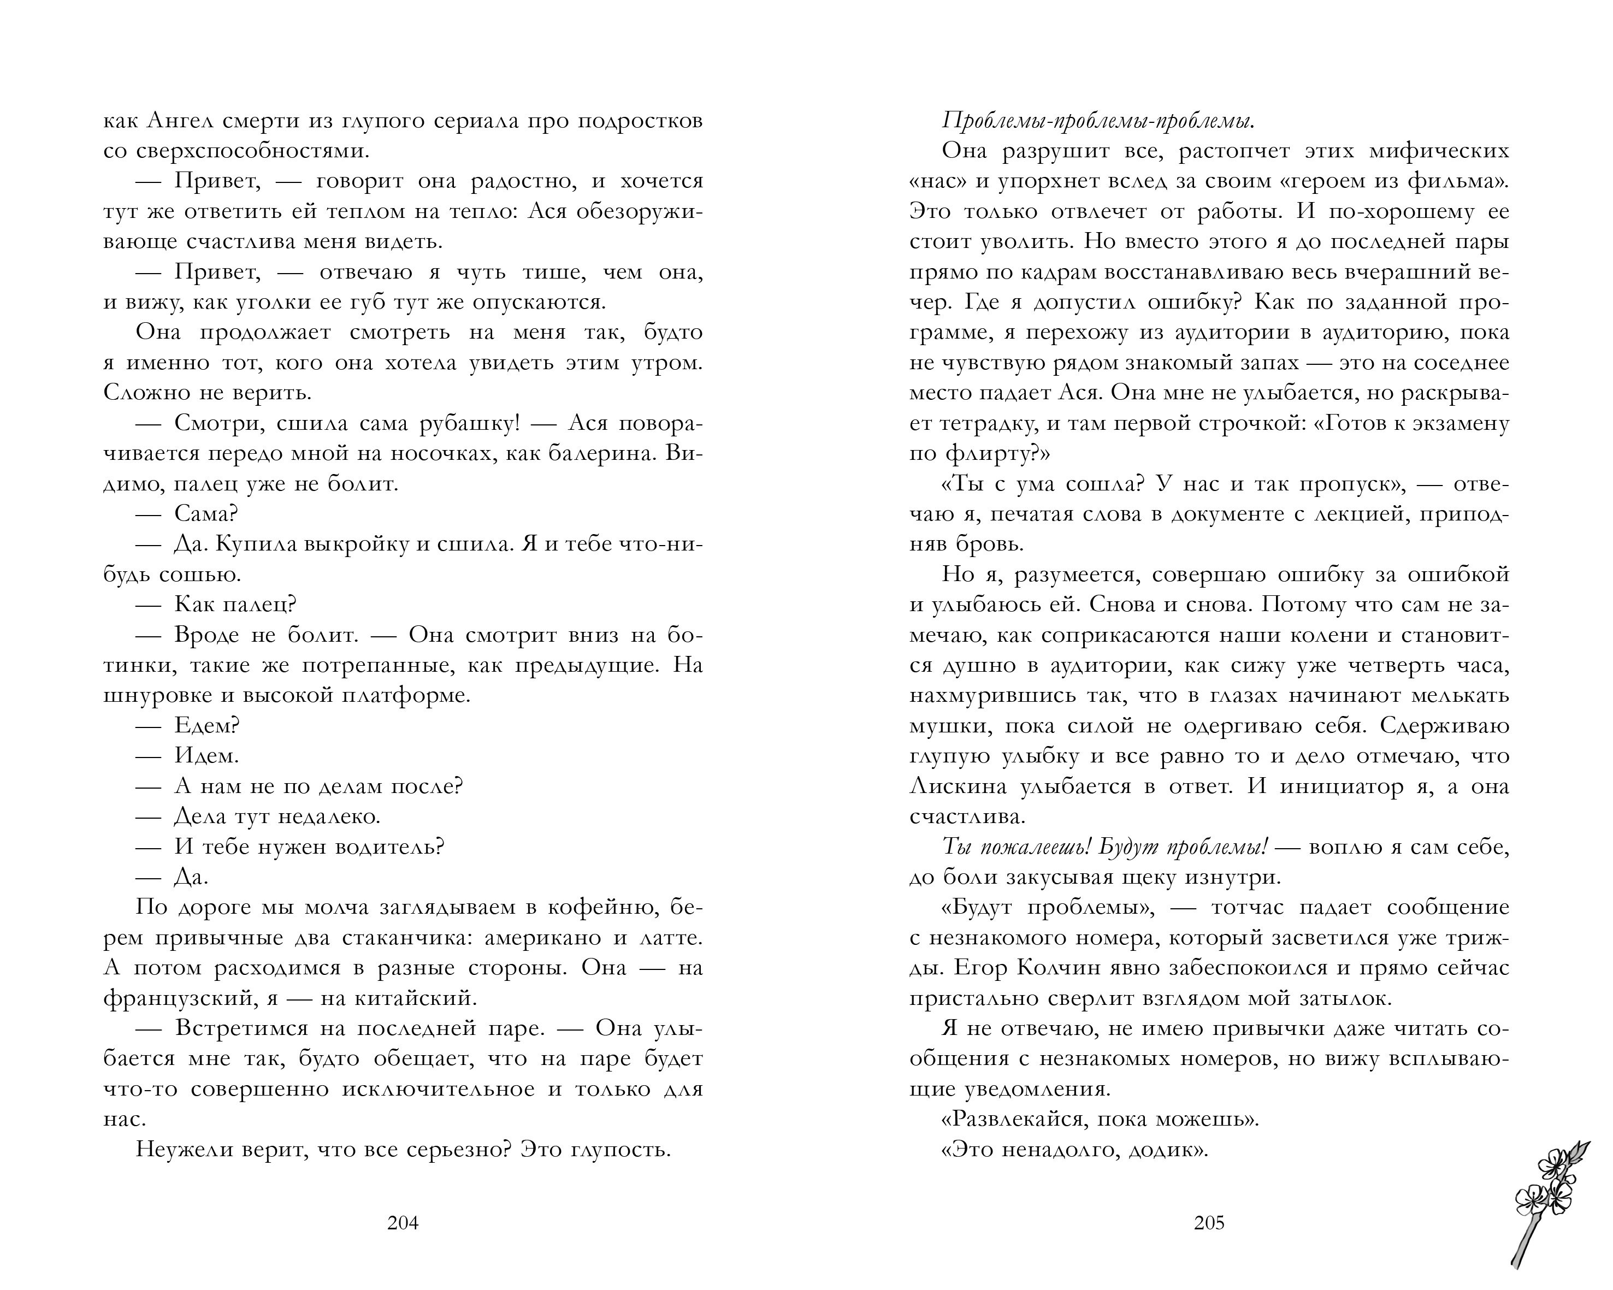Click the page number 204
(403, 1223)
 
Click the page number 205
(1209, 1223)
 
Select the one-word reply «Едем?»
(206, 725)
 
